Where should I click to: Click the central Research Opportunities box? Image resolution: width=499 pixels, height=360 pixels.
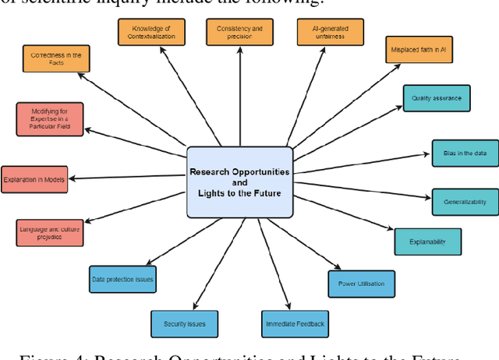[240, 182]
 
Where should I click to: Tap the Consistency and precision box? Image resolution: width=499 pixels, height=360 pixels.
[240, 32]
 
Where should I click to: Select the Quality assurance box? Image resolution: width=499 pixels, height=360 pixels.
[437, 98]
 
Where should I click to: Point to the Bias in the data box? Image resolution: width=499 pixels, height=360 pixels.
[465, 154]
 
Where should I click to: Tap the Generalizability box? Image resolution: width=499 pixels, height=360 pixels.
[465, 202]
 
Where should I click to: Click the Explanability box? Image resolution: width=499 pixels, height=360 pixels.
[428, 242]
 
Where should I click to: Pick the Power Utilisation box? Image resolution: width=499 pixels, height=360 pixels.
[361, 284]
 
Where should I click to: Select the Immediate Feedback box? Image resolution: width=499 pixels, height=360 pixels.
[294, 323]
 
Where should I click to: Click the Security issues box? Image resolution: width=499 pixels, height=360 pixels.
[185, 323]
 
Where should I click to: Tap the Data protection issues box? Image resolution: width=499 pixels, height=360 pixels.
[123, 278]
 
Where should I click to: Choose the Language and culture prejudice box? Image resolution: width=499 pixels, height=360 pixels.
[48, 231]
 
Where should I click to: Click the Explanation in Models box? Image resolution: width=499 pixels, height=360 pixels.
[34, 179]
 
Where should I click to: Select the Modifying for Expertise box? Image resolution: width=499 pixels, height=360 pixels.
[48, 119]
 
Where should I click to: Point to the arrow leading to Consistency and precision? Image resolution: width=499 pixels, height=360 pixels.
[240, 94]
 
